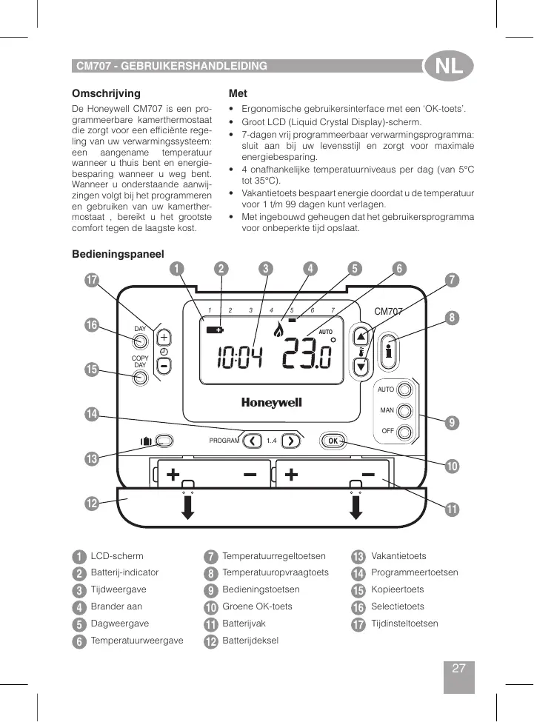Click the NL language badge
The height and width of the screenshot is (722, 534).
(448, 67)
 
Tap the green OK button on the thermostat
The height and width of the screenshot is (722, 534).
(333, 441)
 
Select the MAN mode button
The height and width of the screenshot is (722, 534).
(404, 410)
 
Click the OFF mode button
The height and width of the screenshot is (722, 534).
(404, 431)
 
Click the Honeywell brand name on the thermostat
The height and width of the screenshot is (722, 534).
(271, 403)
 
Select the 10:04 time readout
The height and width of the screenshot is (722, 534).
(239, 361)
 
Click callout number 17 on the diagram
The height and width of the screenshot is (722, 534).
(91, 281)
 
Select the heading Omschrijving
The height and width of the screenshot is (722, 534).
(106, 94)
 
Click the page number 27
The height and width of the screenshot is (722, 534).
(458, 669)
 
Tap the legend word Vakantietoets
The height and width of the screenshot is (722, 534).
(398, 556)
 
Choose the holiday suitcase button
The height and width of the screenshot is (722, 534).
(164, 441)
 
